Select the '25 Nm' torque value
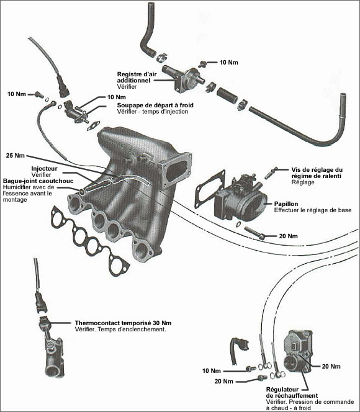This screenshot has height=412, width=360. (x=15, y=154)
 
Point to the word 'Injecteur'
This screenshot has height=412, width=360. (x=44, y=168)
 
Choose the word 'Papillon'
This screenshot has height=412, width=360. (x=286, y=203)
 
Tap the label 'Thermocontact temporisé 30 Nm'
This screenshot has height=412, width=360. (x=123, y=323)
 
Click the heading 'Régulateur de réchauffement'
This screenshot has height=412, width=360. (x=292, y=392)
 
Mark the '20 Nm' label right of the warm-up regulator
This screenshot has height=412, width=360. (x=331, y=367)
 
